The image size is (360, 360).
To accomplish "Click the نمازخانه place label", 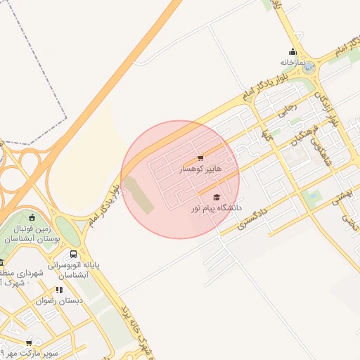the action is (x=295, y=62).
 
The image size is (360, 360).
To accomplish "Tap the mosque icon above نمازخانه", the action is (x=293, y=51).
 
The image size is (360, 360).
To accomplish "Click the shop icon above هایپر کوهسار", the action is (x=201, y=158).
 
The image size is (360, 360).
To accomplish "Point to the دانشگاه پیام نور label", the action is (x=216, y=209).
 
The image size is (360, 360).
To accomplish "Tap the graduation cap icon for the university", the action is (x=217, y=198).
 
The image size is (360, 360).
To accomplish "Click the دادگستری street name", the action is (x=253, y=219).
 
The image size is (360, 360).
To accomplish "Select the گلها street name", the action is (x=265, y=132).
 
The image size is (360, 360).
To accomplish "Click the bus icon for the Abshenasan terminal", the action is (x=73, y=255).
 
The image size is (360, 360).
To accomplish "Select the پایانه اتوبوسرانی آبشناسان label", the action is (x=73, y=271).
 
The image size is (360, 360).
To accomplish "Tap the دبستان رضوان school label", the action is (x=60, y=300).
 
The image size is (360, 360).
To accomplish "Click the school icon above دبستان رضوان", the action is (x=60, y=290).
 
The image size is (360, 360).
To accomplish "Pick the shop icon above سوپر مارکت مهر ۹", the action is (x=29, y=342).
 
